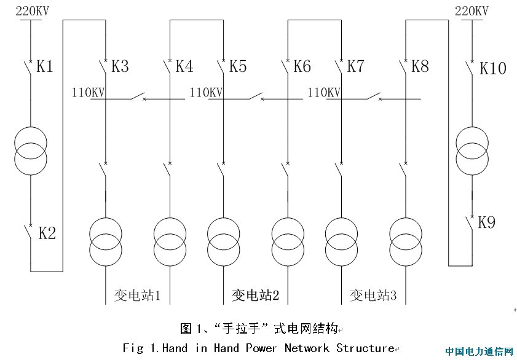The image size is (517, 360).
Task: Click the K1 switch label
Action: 45,66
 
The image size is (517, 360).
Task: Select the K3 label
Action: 120,66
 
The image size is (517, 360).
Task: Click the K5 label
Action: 238,66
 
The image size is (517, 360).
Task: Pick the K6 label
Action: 302,66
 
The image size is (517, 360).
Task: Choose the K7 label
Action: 356,66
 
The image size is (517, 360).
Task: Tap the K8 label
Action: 420,66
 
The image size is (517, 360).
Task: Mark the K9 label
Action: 486,222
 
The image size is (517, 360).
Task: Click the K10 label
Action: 492,68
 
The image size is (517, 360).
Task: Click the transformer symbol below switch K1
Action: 30,150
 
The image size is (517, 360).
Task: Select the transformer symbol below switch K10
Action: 472,151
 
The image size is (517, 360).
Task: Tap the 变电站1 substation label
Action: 137,295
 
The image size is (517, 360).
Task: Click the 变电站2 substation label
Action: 255,295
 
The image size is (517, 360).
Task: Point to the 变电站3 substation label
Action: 373,295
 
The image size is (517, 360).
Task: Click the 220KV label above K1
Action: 31,11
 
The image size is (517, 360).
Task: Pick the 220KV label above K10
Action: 472,11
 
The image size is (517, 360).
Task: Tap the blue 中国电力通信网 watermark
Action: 479,352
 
